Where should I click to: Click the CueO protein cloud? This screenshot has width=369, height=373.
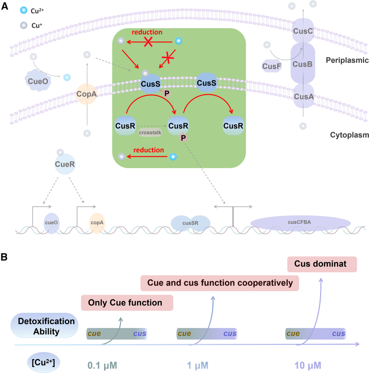(x=37, y=80)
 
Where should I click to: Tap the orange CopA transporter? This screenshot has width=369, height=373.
(x=86, y=94)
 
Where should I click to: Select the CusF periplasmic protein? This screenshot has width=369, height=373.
(x=272, y=66)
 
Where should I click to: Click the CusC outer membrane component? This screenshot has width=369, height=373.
(x=303, y=31)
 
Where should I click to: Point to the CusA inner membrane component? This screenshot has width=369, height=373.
(x=303, y=96)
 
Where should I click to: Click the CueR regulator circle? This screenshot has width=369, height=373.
(x=65, y=164)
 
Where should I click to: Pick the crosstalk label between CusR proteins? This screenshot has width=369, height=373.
(x=150, y=133)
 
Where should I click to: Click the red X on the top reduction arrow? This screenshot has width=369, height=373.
(x=148, y=42)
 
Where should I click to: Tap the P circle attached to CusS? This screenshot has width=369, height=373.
(x=167, y=93)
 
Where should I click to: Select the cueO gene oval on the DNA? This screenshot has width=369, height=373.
(x=51, y=223)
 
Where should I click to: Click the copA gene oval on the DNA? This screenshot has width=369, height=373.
(x=97, y=223)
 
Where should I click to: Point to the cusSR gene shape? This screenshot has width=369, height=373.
(x=190, y=223)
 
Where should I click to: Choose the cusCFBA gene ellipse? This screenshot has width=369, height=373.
(x=300, y=223)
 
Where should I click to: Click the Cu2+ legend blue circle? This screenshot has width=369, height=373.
(x=24, y=10)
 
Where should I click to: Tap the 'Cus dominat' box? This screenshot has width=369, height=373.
(x=322, y=264)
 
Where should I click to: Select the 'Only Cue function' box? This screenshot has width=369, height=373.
(x=127, y=302)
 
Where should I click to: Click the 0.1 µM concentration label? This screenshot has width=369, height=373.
(x=102, y=366)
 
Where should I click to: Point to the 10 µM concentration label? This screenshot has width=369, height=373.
(x=308, y=366)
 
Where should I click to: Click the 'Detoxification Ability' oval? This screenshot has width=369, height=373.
(x=44, y=325)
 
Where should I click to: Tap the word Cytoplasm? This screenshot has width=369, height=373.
(x=349, y=135)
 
